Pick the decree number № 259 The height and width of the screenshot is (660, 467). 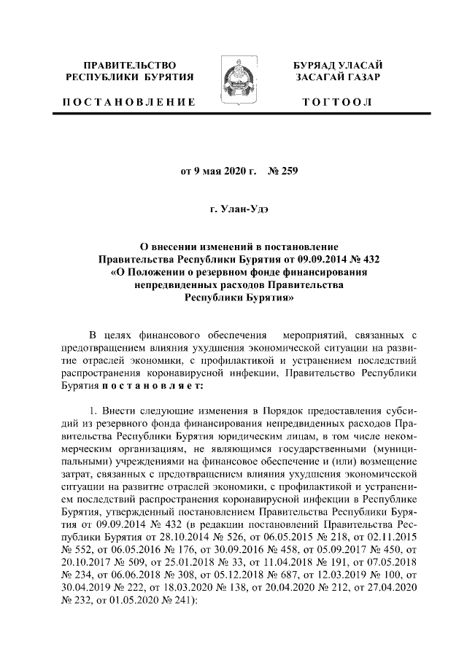coord(285,172)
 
